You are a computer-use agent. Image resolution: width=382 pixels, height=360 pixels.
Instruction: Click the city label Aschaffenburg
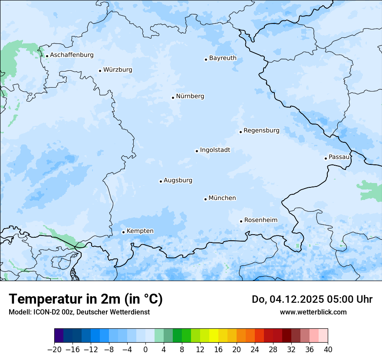(72, 55)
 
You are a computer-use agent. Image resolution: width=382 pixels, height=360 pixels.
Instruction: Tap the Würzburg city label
(118, 70)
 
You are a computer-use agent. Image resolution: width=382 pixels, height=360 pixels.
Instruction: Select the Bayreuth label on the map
(223, 58)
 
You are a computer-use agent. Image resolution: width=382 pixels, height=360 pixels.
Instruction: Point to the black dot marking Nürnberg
(173, 98)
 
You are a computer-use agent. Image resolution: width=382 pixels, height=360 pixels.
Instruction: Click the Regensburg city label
(261, 131)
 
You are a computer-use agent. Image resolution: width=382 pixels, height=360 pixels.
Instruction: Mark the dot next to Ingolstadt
(197, 151)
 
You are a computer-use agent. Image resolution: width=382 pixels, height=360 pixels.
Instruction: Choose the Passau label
(339, 157)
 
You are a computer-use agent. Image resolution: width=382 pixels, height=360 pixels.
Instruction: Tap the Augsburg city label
(178, 180)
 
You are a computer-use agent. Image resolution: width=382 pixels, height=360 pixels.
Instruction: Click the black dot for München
(205, 200)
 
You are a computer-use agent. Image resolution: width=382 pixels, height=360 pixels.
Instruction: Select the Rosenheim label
(260, 220)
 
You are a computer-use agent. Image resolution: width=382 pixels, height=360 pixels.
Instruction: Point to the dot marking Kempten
(123, 232)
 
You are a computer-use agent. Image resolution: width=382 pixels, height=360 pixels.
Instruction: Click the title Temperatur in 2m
(86, 299)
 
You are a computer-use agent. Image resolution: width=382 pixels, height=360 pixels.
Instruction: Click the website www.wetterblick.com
(313, 312)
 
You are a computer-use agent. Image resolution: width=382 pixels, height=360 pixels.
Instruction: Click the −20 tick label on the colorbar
(54, 350)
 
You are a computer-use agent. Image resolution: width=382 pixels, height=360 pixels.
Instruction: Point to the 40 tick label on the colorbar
(328, 350)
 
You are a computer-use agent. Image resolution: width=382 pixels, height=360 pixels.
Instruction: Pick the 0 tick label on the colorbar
(145, 350)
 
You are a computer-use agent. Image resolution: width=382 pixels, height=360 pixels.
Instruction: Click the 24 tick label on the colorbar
(255, 350)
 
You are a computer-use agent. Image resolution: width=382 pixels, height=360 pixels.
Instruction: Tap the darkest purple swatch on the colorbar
(59, 336)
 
